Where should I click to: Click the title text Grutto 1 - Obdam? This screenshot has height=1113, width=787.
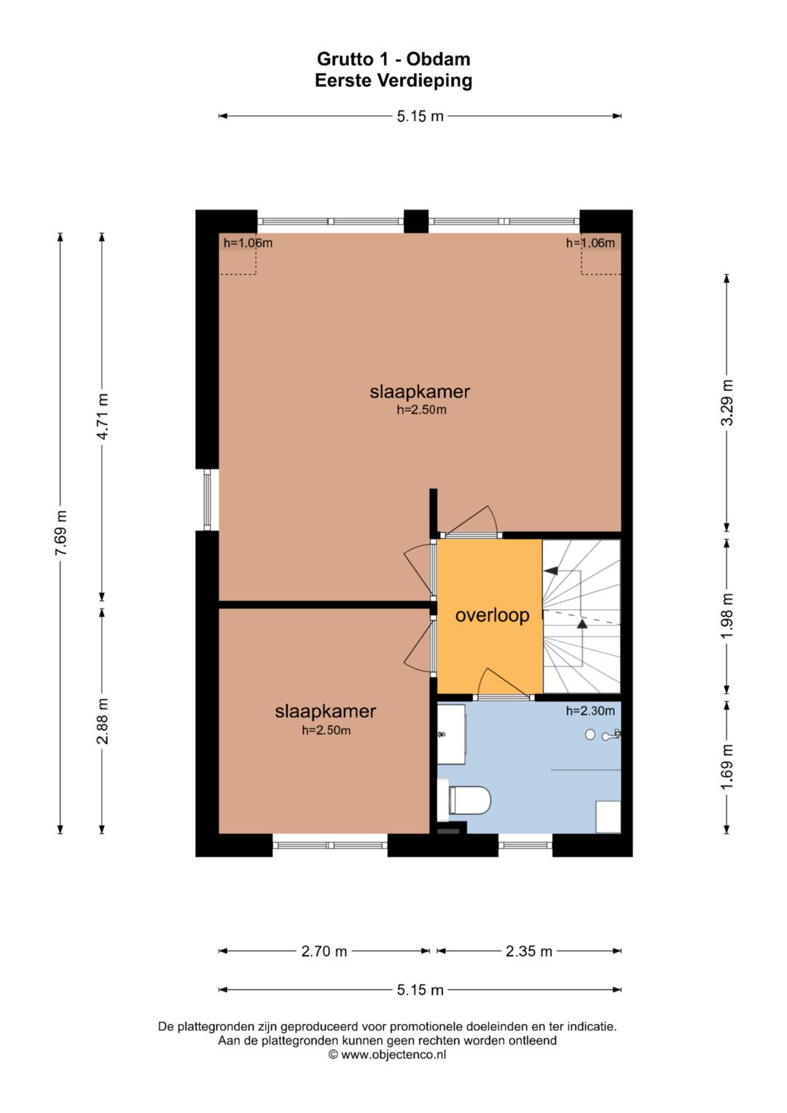tap(393, 59)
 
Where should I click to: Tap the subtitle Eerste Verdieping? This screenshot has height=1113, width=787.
tap(393, 80)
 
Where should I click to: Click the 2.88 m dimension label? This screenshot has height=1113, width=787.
tap(102, 721)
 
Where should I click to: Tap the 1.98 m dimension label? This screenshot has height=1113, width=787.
tap(727, 616)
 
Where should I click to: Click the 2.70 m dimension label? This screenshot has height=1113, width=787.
tap(324, 951)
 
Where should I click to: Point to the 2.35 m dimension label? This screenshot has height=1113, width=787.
tap(528, 951)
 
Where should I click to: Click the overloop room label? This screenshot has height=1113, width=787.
tap(492, 616)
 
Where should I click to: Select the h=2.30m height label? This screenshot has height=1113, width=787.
tap(590, 711)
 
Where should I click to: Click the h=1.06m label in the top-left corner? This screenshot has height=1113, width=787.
tap(248, 243)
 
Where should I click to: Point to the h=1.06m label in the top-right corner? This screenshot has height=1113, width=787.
tap(590, 243)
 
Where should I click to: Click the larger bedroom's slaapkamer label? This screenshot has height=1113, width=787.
tap(420, 391)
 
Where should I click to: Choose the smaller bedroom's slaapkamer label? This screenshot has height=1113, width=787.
tap(326, 711)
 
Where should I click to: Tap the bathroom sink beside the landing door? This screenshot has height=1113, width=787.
tap(451, 735)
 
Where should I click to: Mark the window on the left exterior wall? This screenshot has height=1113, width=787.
tap(208, 499)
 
